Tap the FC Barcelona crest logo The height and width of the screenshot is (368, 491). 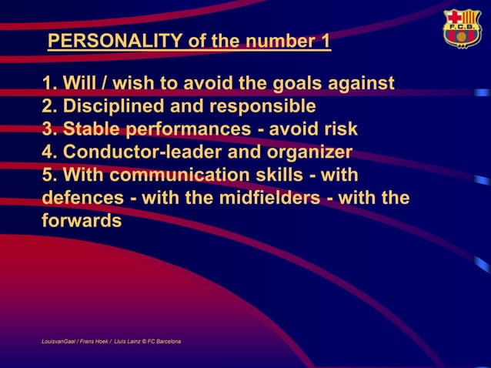[461, 29]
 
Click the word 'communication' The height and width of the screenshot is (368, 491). [195, 175]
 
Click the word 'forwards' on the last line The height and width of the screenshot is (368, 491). [82, 221]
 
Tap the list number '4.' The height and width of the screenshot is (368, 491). [50, 152]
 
